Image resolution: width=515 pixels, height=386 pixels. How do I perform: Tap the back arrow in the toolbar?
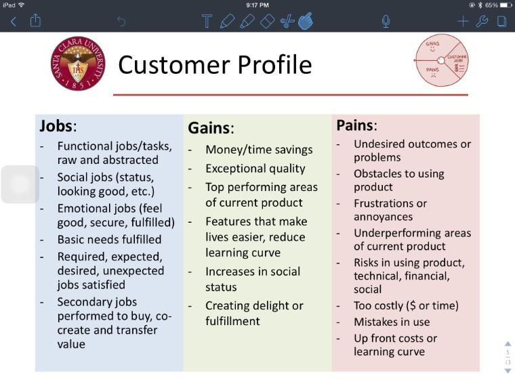pyautogui.click(x=13, y=22)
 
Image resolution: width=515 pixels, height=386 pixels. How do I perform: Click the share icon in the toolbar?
pyautogui.click(x=35, y=21)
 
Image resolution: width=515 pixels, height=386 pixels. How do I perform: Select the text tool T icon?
pyautogui.click(x=207, y=21)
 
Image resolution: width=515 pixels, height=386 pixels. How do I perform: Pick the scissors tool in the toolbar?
pyautogui.click(x=287, y=21)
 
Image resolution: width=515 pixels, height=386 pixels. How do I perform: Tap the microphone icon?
pyautogui.click(x=386, y=21)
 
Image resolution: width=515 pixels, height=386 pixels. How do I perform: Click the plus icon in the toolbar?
pyautogui.click(x=463, y=21)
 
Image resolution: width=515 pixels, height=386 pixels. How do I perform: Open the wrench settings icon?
pyautogui.click(x=482, y=21)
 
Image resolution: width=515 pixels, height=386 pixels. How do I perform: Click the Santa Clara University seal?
pyautogui.click(x=78, y=64)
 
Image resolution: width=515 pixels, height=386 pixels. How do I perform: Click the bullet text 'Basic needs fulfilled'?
pyautogui.click(x=109, y=239)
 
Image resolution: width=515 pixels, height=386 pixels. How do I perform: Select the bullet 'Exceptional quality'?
pyautogui.click(x=255, y=169)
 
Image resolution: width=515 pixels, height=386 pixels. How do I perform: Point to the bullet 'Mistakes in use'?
pyautogui.click(x=392, y=322)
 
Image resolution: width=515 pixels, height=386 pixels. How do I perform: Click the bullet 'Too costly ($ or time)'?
pyautogui.click(x=406, y=305)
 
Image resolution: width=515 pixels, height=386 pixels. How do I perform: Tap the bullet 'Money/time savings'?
pyautogui.click(x=259, y=150)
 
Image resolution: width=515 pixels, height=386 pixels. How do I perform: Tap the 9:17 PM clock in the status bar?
pyautogui.click(x=257, y=5)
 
